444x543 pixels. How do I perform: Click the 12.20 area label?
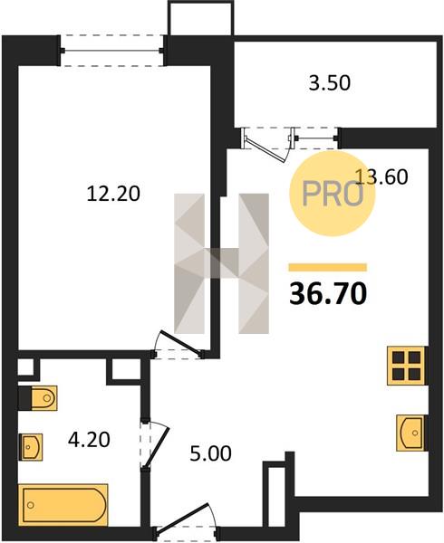click(x=113, y=194)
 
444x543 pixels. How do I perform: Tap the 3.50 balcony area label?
click(x=330, y=83)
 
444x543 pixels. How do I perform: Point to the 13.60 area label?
click(x=381, y=176)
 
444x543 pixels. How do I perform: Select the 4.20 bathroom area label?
click(x=89, y=440)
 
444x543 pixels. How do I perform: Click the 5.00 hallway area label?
click(x=210, y=453)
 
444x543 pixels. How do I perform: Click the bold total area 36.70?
click(x=328, y=293)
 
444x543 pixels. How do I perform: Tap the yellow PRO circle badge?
click(x=332, y=194)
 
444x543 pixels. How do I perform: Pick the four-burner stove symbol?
click(x=406, y=366)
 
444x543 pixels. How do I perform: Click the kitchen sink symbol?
click(x=411, y=433)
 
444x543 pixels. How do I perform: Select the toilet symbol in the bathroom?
click(x=38, y=398)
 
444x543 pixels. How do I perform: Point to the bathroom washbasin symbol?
click(x=31, y=447)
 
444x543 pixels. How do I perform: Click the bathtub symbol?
click(x=63, y=505)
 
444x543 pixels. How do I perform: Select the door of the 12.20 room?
click(x=179, y=345)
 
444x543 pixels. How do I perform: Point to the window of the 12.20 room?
click(x=112, y=51)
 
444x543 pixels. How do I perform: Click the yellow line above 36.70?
click(x=328, y=267)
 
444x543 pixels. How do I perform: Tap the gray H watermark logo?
click(x=221, y=263)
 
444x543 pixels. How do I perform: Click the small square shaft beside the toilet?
click(x=26, y=367)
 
